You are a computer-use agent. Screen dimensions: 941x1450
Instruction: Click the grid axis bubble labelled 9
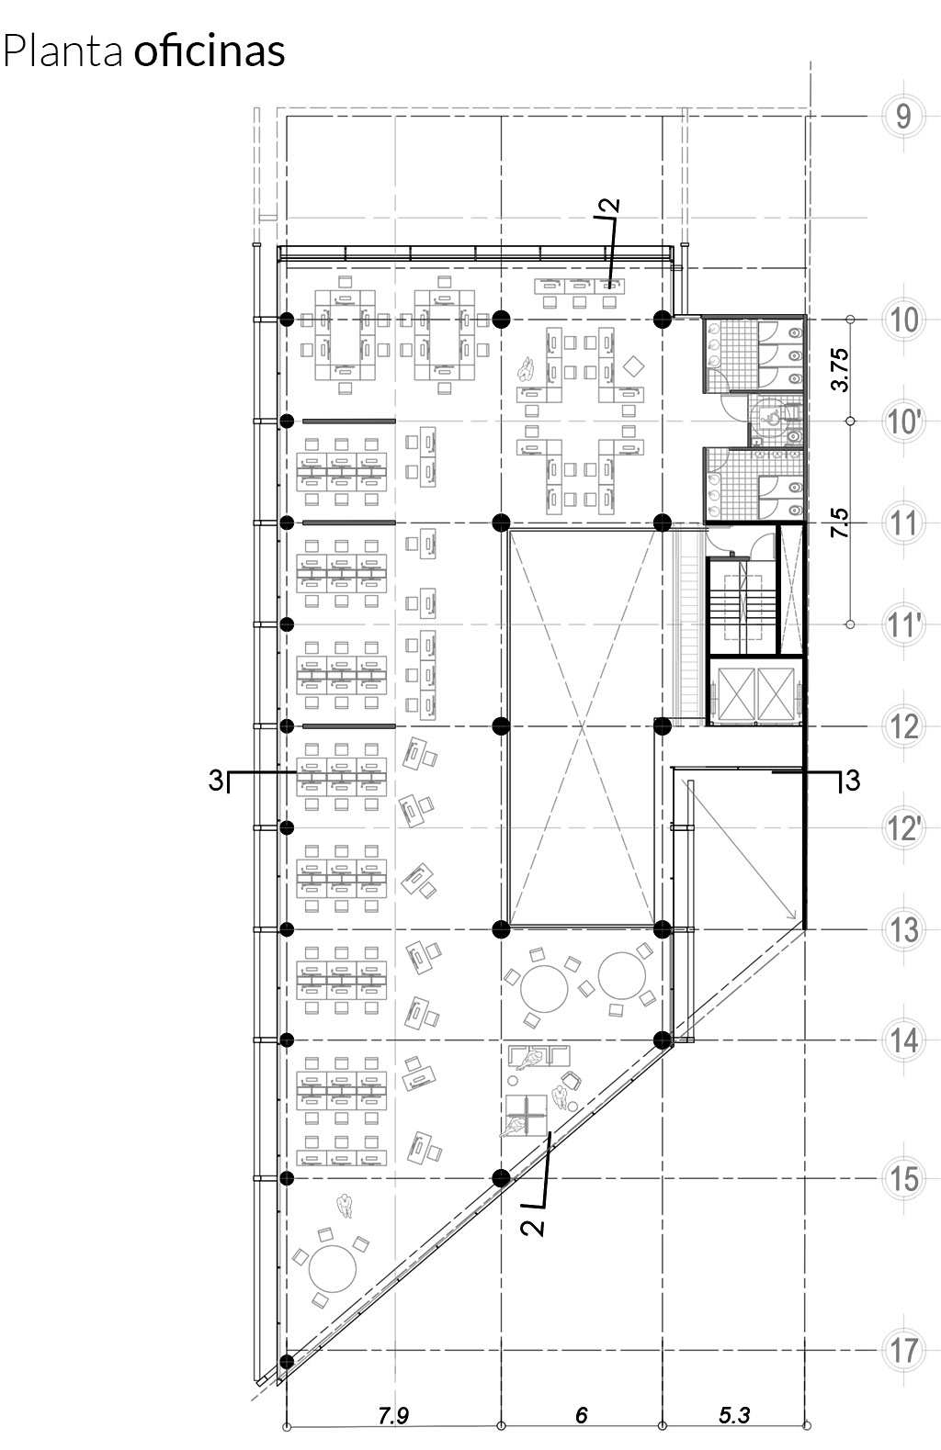click(x=902, y=117)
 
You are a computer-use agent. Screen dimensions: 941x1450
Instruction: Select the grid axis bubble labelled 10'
click(x=902, y=422)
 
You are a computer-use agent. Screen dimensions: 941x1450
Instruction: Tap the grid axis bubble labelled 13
click(x=902, y=929)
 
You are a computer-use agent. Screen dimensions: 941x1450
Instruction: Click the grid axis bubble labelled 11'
click(x=902, y=624)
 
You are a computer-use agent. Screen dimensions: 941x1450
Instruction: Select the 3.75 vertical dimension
click(x=840, y=370)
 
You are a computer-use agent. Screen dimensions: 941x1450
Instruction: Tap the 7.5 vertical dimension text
click(x=840, y=523)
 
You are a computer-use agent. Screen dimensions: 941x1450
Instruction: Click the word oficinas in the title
click(x=210, y=51)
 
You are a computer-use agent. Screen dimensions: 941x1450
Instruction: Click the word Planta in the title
click(x=62, y=51)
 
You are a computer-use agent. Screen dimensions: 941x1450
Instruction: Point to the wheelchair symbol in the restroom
click(x=773, y=420)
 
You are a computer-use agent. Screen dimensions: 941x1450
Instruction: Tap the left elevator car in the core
click(x=737, y=694)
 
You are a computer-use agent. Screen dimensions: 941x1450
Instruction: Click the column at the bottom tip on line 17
click(x=286, y=1361)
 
